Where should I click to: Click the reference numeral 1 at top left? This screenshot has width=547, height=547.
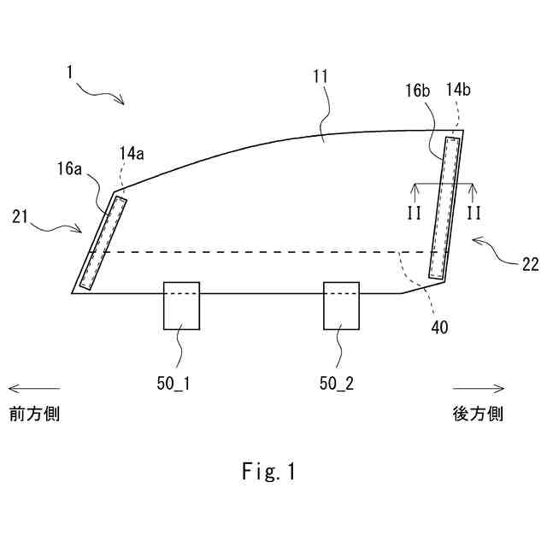pos(69,73)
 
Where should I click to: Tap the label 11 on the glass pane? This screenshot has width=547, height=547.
pos(321,77)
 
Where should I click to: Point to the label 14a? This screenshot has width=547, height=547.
pos(132,154)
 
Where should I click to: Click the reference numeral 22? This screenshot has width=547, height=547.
pos(530,263)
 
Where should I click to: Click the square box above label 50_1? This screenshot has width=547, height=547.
pos(181,305)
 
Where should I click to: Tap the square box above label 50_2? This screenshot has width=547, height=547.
pos(341,305)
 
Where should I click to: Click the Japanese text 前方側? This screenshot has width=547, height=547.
pos(35,415)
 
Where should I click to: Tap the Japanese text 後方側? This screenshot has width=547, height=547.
pos(478,415)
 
